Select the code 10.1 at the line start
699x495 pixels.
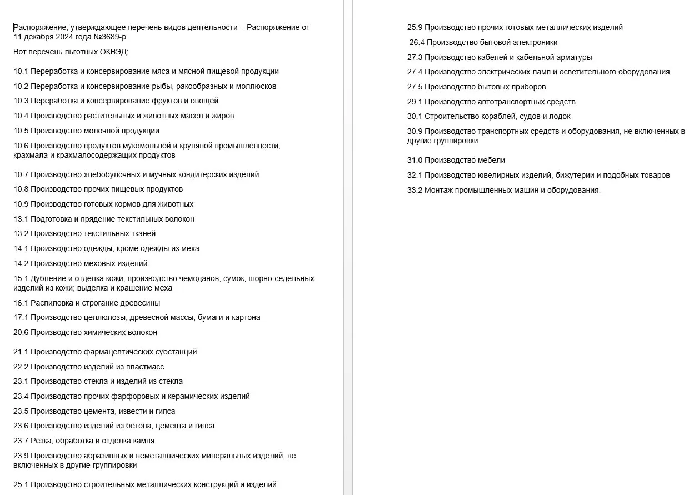tap(21, 71)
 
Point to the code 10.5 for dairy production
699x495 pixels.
tap(21, 131)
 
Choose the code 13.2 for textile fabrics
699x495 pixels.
tap(21, 233)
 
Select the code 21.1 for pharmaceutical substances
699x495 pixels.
tap(21, 352)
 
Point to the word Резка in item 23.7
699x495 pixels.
tap(42, 441)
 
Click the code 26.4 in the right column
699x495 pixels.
tap(417, 42)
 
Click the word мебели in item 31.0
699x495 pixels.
tap(491, 160)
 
